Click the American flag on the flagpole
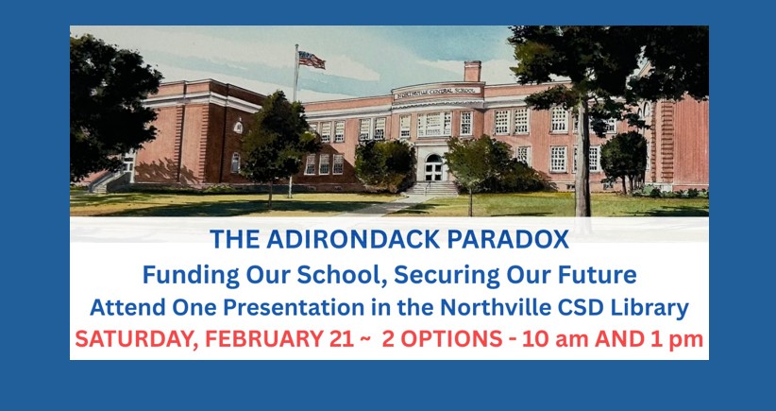[311, 60]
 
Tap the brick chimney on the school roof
[472, 72]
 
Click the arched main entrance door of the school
[433, 167]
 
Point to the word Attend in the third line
[125, 307]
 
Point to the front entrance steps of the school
[432, 189]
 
